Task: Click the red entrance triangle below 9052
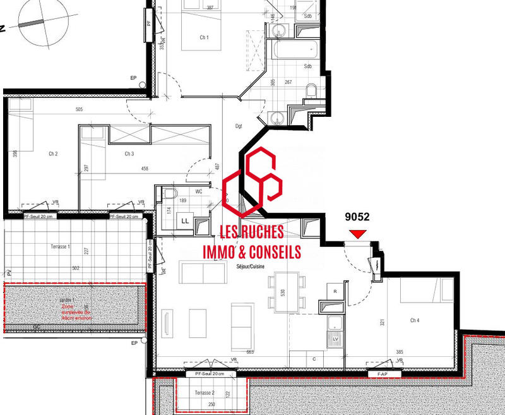(x=358, y=234)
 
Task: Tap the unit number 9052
(x=357, y=216)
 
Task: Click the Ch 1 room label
(x=204, y=38)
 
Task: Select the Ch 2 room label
(x=53, y=153)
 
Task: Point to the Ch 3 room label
(x=129, y=153)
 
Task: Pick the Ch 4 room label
(x=415, y=320)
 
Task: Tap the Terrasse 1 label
(x=60, y=246)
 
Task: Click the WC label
(x=198, y=190)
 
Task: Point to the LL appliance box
(x=186, y=220)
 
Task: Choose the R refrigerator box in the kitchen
(x=335, y=291)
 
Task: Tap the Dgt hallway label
(x=239, y=126)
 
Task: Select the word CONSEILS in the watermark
(x=270, y=252)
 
